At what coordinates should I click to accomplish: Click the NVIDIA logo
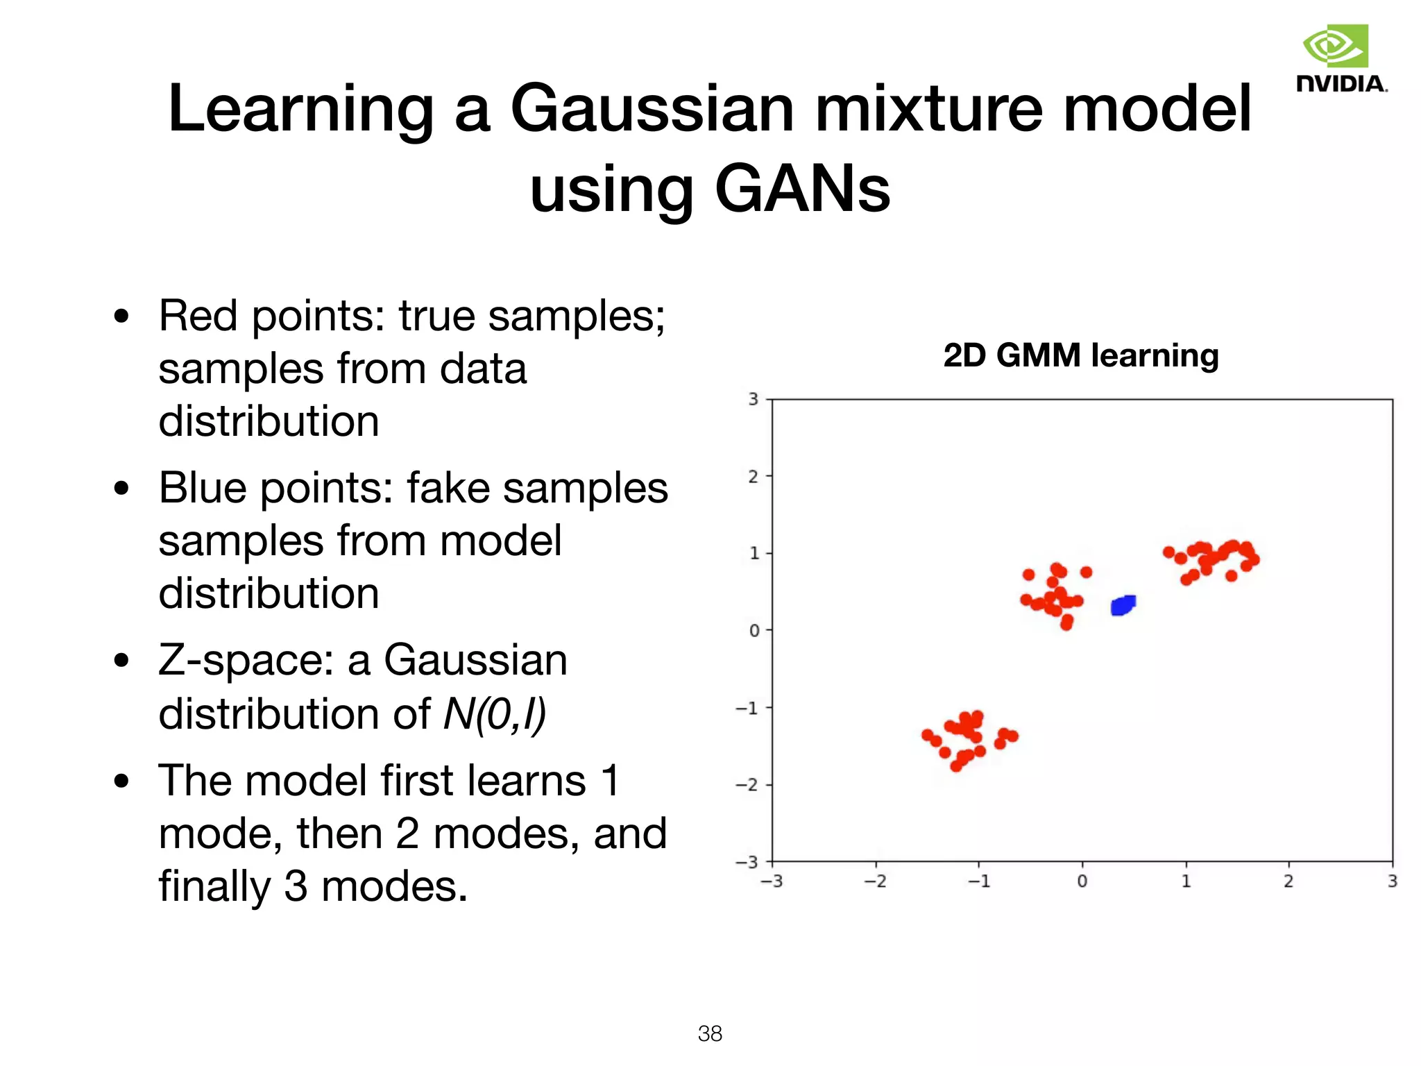click(x=1341, y=58)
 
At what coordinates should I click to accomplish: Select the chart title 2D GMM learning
click(x=1080, y=355)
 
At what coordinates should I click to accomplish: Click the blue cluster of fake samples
click(x=1123, y=605)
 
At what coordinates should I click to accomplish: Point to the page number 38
click(x=710, y=1033)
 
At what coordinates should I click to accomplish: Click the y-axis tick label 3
click(x=754, y=399)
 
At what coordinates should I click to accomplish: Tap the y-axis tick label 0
click(x=754, y=631)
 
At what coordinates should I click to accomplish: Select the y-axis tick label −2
click(x=747, y=785)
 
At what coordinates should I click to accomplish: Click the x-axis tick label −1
click(x=978, y=881)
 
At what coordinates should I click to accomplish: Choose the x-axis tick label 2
click(x=1288, y=881)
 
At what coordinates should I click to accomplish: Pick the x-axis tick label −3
click(x=772, y=881)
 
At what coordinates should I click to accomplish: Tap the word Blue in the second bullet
click(x=202, y=488)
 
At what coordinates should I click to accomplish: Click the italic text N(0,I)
click(x=494, y=713)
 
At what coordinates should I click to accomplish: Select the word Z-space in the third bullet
click(x=248, y=661)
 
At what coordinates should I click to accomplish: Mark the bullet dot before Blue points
click(x=121, y=488)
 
